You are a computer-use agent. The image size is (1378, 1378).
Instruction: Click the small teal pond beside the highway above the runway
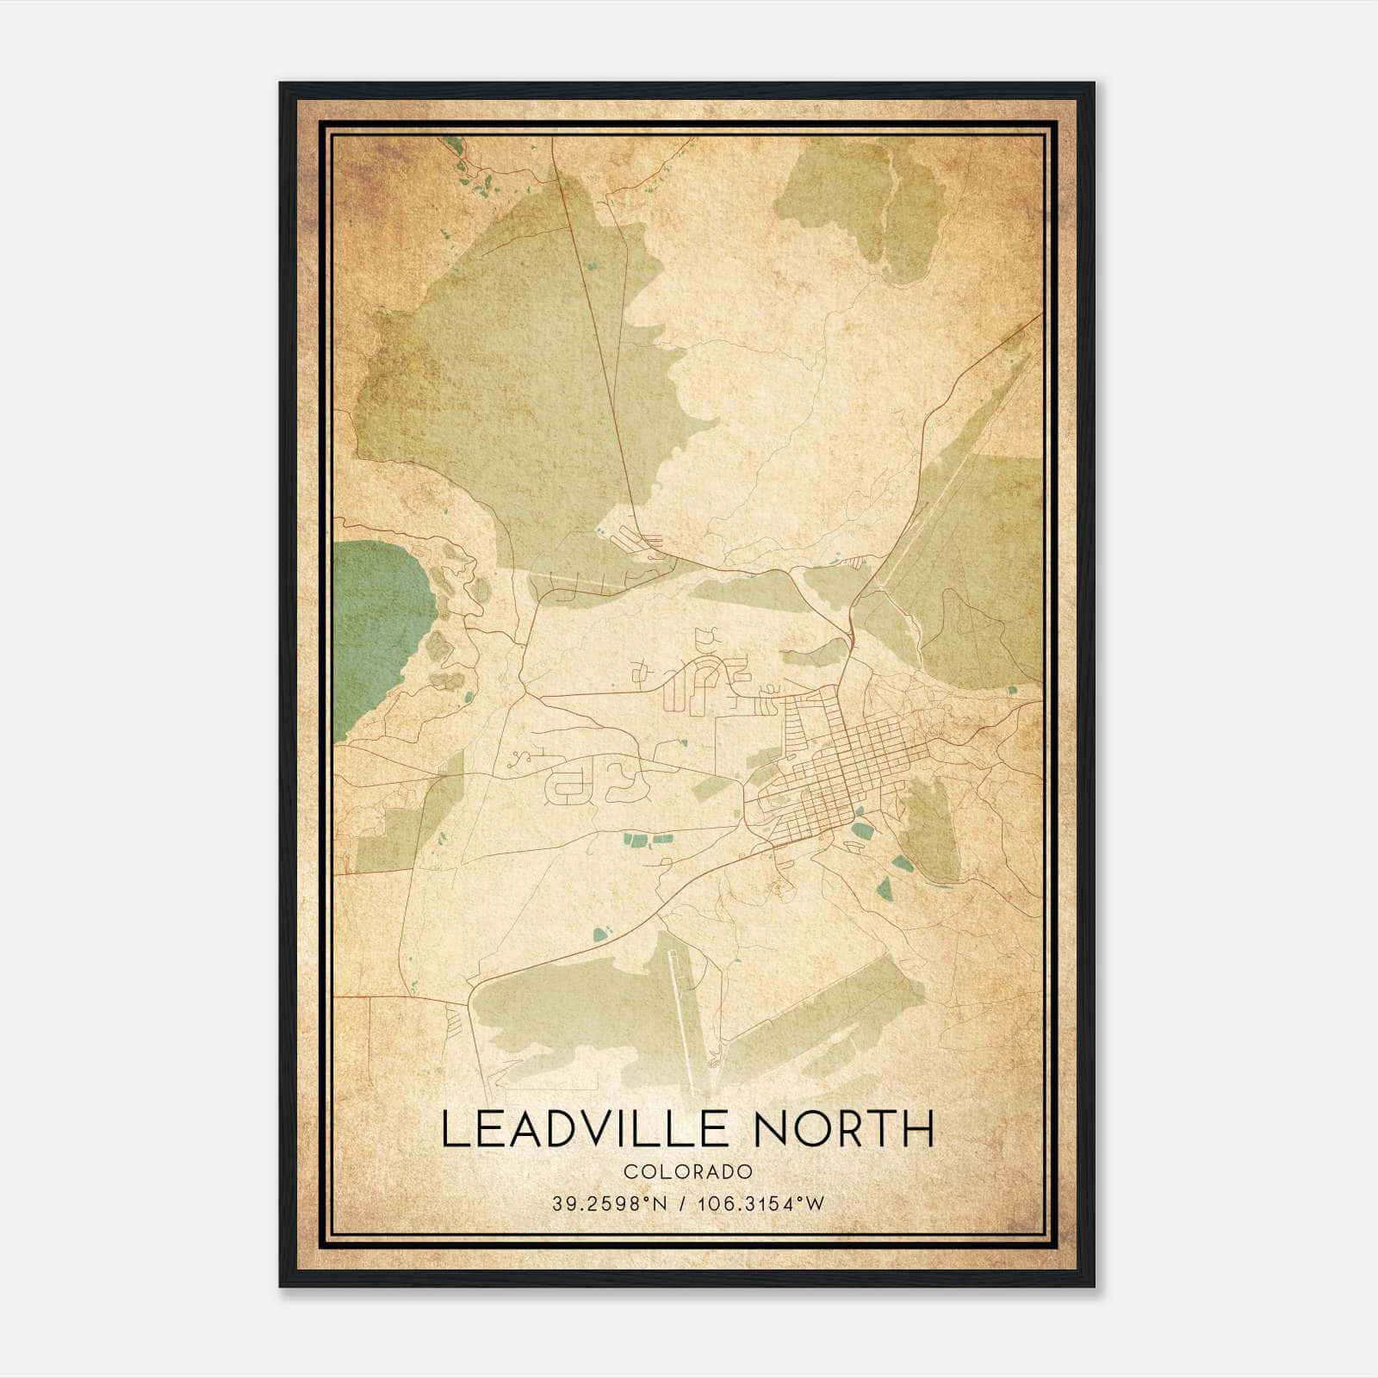point(600,932)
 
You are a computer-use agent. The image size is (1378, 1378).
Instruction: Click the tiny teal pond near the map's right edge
point(1013,690)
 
